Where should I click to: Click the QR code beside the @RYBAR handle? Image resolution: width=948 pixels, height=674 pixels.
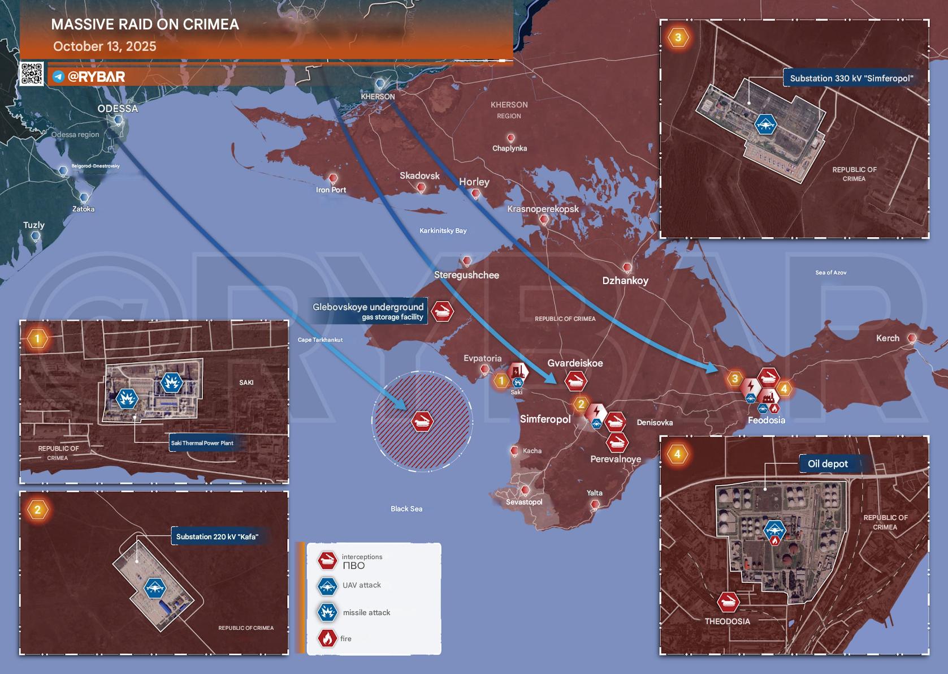point(32,74)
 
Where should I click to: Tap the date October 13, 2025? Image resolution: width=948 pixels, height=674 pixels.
point(105,46)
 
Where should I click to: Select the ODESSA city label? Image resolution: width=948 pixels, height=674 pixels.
point(118,109)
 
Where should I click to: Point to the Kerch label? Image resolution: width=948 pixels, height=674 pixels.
point(888,338)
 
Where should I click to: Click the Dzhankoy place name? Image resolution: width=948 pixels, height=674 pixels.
point(625,281)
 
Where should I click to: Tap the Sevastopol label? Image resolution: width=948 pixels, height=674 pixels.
point(524,502)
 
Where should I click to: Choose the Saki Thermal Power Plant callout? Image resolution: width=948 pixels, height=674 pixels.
point(202,443)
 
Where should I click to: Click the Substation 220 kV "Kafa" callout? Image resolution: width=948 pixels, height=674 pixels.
point(217,536)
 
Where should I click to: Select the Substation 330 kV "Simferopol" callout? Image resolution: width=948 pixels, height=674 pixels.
point(851,78)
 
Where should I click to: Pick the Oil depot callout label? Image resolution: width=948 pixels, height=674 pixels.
point(828,464)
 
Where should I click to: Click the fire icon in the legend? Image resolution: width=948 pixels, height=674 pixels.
point(327,638)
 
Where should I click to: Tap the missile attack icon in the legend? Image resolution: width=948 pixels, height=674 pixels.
point(327,612)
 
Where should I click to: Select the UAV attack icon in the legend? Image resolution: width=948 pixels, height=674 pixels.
point(327,586)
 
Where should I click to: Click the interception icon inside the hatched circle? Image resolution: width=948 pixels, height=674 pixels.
point(422,422)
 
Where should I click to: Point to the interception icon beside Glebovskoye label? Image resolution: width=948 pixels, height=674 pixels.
point(442,311)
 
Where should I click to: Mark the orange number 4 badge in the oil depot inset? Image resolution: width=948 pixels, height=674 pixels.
point(678,454)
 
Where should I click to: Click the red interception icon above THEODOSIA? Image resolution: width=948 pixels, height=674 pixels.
point(728,602)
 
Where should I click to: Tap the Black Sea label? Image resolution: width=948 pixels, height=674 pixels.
point(406,509)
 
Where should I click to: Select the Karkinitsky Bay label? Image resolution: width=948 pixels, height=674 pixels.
point(443,230)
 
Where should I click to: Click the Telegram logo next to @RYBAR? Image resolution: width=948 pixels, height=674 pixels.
point(58,76)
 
